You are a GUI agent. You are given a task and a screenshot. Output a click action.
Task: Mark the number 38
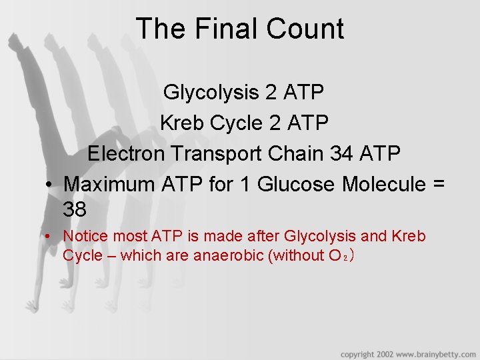75,210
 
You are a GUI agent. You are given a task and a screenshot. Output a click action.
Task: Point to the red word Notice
86,236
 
